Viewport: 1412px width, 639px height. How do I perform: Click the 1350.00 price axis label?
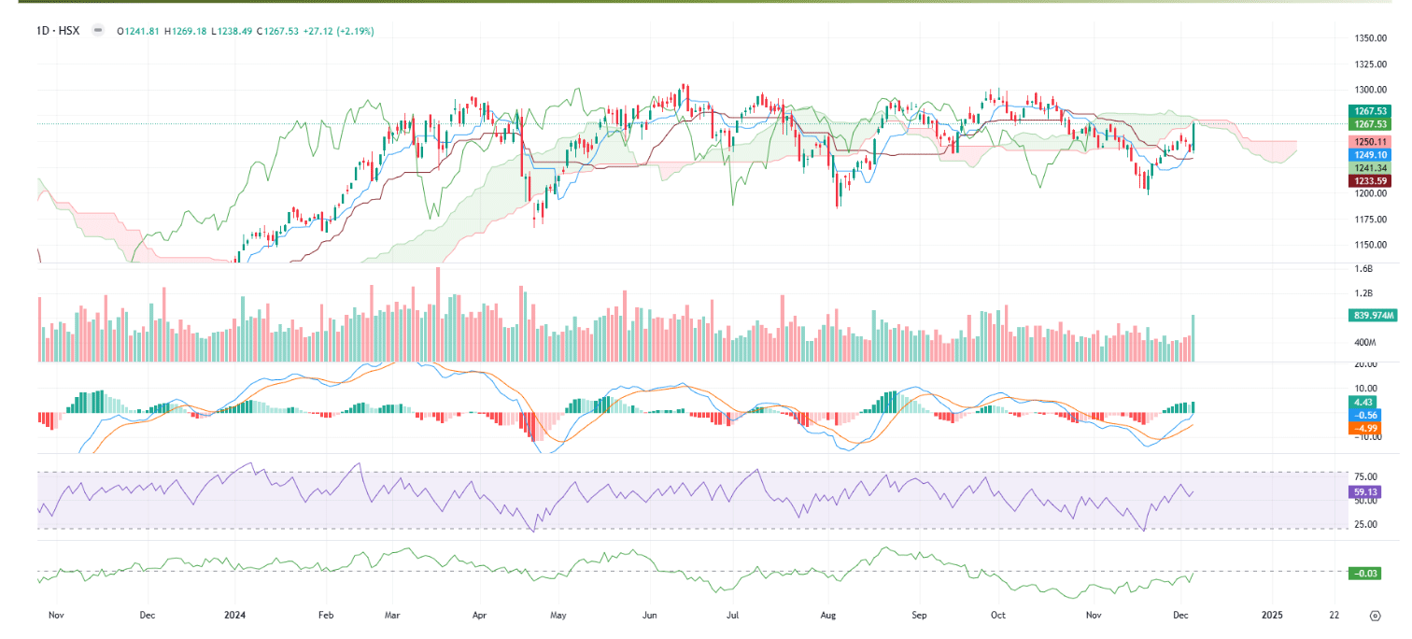pos(1370,38)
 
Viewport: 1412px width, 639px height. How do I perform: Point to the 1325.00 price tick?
pos(1370,64)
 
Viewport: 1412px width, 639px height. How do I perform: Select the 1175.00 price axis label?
pos(1370,220)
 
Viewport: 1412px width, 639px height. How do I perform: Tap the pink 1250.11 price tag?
pos(1370,141)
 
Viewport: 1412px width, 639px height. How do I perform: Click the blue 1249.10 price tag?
pos(1370,154)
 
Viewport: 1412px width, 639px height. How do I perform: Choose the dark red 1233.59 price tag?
pos(1370,180)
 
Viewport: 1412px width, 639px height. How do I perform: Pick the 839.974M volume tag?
pos(1373,316)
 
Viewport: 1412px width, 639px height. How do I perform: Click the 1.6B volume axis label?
pos(1364,269)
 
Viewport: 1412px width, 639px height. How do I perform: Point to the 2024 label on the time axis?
pos(234,616)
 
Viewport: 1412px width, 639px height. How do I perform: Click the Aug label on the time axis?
pos(827,616)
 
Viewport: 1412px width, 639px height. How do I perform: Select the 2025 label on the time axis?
pos(1272,616)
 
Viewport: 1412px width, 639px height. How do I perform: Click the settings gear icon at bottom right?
pos(1375,616)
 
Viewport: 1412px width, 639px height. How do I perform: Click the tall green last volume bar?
pos(1193,338)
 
